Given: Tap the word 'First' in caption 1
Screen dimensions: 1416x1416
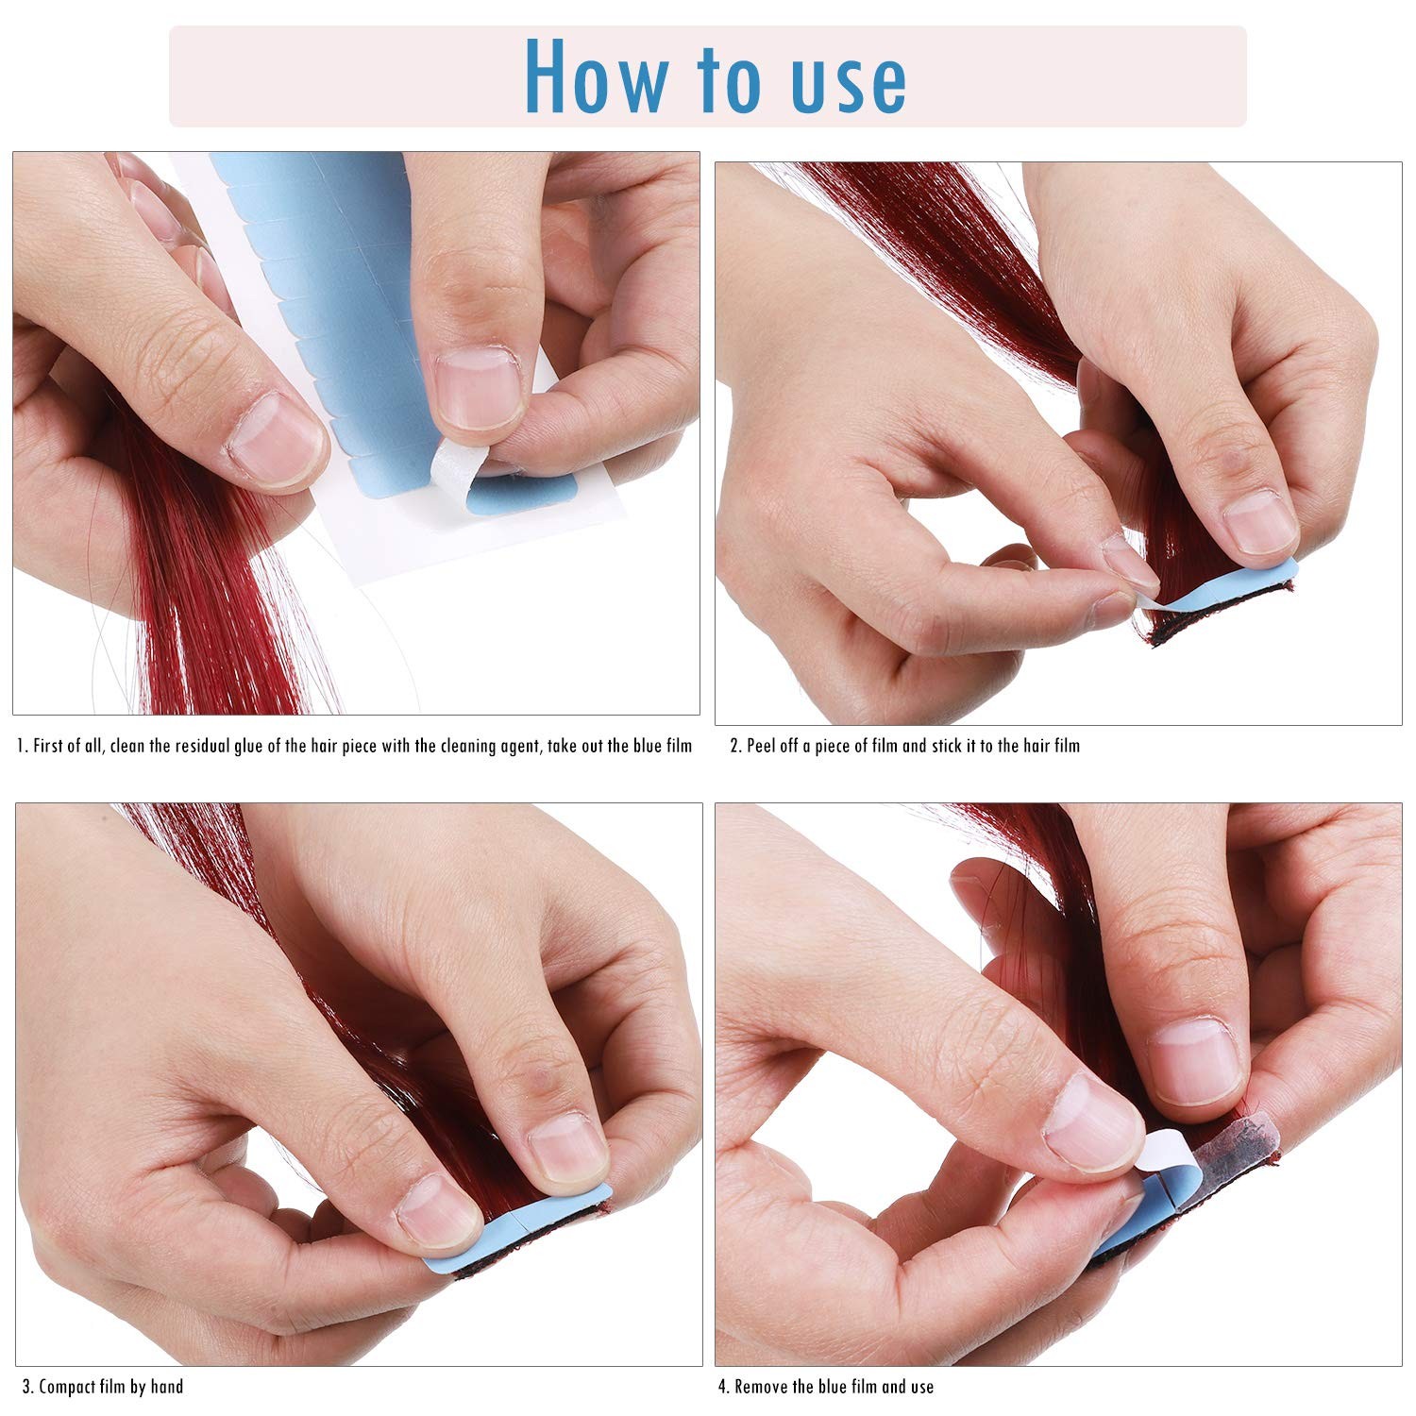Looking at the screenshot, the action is (51, 746).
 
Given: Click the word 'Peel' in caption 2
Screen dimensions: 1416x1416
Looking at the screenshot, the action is (764, 746).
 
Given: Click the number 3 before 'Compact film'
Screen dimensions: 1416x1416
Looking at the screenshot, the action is (26, 1387).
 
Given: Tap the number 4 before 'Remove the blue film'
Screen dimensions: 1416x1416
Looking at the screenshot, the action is (722, 1387).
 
